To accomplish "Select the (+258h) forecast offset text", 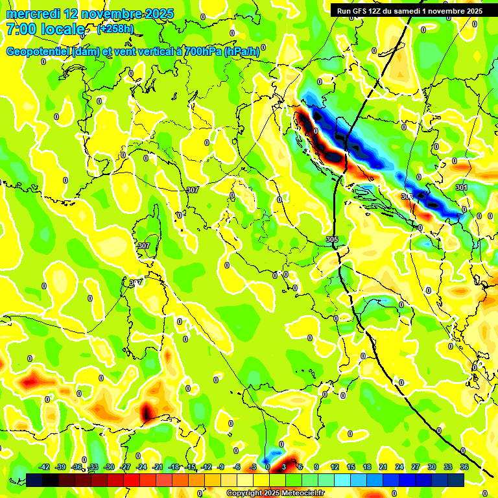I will tap(115, 29).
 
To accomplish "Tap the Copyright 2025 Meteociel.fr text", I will tap(275, 493).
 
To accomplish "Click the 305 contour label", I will tap(332, 240).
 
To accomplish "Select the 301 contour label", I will tap(462, 187).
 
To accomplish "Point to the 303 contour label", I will tap(407, 196).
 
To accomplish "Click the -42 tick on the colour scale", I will tap(45, 467).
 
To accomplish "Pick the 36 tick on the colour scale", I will tap(464, 467).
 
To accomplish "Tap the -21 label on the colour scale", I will tap(157, 467).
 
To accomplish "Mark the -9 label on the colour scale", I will tap(220, 467).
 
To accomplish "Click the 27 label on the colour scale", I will tap(415, 467).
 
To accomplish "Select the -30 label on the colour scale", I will tap(109, 467).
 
